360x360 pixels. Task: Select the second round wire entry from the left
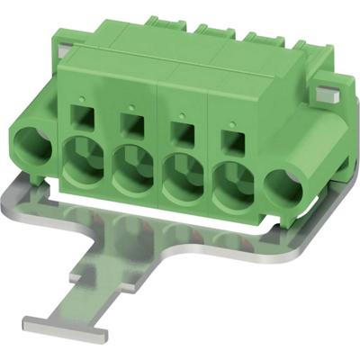pyautogui.click(x=131, y=169)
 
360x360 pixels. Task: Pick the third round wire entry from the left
pyautogui.click(x=183, y=176)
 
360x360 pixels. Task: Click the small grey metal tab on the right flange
pyautogui.click(x=326, y=93)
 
